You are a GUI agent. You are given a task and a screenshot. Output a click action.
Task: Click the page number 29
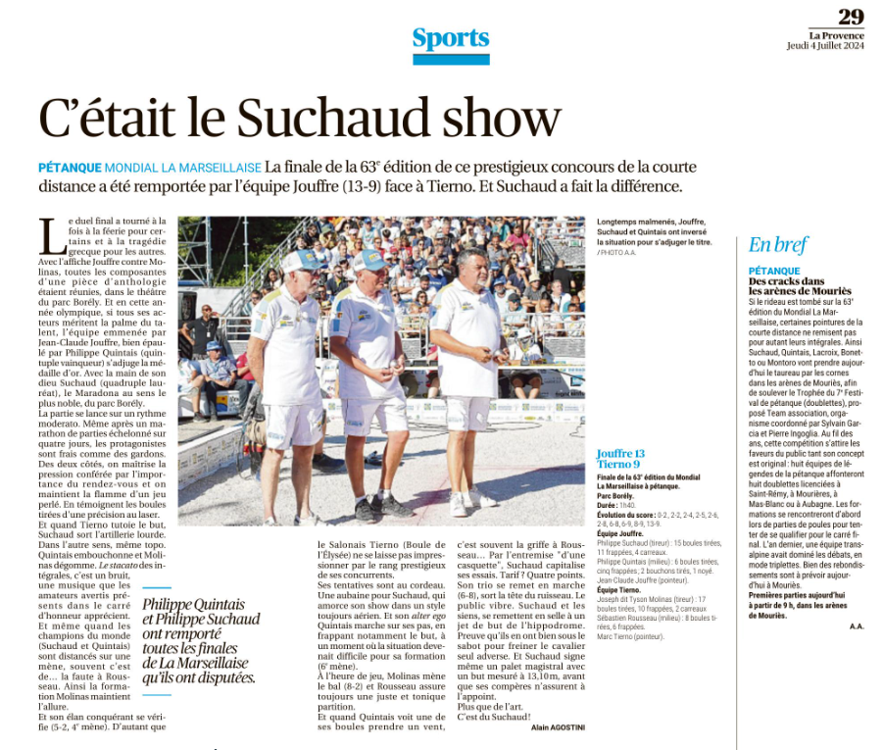point(850,17)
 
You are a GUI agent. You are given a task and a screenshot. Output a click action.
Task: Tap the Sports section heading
point(450,38)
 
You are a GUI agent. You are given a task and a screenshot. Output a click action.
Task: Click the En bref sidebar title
point(777,245)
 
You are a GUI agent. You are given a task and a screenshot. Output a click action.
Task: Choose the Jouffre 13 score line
point(620,453)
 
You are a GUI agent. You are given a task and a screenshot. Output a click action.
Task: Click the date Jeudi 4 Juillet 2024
point(825,46)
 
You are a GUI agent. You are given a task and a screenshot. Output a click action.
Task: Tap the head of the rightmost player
point(470,265)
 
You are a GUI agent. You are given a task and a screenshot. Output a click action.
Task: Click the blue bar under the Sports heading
point(450,60)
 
